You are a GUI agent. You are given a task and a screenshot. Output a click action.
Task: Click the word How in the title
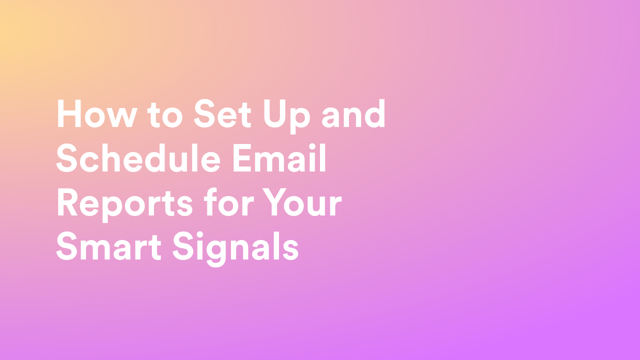click(x=96, y=113)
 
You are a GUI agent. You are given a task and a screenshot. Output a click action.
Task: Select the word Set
click(x=222, y=113)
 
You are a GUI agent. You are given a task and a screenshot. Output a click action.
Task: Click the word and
click(x=353, y=113)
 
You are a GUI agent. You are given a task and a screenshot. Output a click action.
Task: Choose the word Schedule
click(x=138, y=157)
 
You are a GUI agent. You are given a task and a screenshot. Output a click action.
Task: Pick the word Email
click(x=279, y=157)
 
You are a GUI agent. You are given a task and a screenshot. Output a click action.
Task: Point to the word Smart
click(x=109, y=246)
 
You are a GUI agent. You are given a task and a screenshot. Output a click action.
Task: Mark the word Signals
click(x=235, y=248)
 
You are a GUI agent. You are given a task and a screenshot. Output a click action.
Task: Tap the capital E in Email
click(x=242, y=158)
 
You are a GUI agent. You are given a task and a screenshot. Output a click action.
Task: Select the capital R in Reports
click(x=67, y=202)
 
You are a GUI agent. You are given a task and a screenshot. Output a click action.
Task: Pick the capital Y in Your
click(x=275, y=202)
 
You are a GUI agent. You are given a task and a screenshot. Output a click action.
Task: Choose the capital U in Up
click(x=275, y=114)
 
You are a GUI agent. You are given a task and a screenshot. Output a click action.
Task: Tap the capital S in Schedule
click(x=66, y=158)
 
